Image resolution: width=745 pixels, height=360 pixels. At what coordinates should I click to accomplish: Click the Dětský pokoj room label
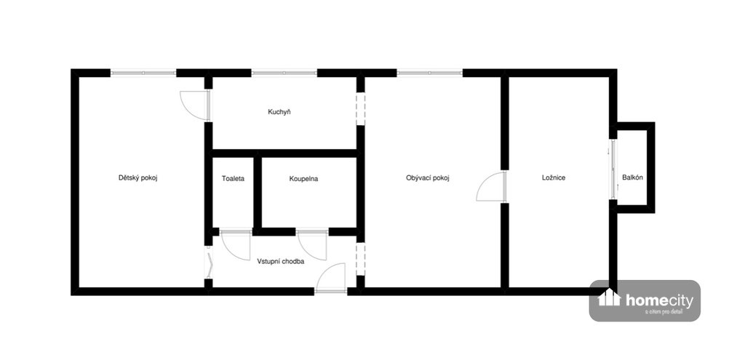click(138, 178)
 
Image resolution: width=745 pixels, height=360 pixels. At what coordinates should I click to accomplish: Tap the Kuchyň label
click(279, 113)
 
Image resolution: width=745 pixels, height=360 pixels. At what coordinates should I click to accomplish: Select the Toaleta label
click(233, 179)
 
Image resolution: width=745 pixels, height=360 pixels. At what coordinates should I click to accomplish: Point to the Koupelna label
click(303, 179)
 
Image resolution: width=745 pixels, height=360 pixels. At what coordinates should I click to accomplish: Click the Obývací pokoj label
click(428, 178)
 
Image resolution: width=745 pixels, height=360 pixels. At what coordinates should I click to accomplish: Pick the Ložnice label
click(554, 178)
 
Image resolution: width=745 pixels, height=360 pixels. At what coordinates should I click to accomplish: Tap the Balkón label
click(632, 178)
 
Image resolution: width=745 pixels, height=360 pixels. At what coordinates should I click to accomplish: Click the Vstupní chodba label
click(280, 261)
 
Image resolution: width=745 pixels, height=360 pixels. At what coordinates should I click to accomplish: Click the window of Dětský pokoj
click(143, 73)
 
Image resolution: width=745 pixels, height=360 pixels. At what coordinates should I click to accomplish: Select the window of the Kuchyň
click(284, 73)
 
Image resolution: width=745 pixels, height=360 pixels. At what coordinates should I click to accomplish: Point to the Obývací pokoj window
click(429, 73)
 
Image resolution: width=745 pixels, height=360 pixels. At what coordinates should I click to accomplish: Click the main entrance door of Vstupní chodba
click(331, 277)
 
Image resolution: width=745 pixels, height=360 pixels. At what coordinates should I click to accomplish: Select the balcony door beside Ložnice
click(613, 169)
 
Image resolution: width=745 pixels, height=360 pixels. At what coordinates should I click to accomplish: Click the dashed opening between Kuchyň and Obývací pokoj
click(361, 109)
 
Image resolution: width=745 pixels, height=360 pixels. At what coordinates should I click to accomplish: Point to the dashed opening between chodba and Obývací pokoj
click(361, 259)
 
